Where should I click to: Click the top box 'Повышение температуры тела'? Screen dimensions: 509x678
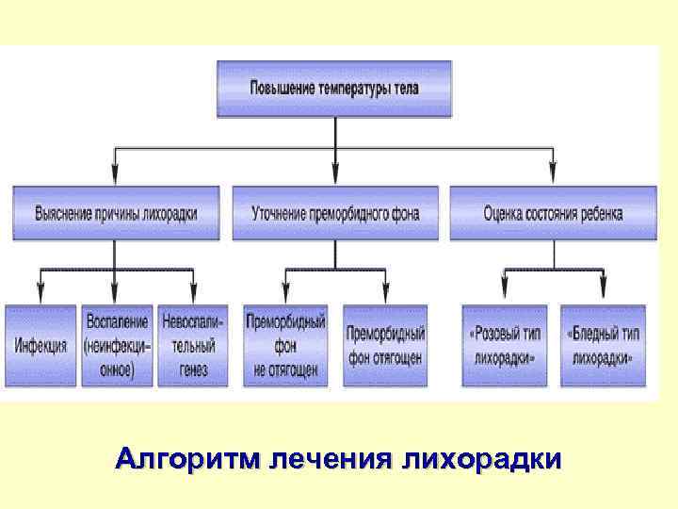335,89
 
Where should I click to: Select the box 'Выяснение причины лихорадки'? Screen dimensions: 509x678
117,213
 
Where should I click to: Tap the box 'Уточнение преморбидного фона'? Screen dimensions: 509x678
335,213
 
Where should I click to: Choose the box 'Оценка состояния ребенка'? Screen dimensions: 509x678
553,213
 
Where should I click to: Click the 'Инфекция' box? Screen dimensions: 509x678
40,345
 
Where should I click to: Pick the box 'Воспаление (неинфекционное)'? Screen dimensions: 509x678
117,345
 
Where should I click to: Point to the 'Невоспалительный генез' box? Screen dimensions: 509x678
193,345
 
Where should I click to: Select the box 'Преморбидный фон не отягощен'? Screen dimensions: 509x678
285,345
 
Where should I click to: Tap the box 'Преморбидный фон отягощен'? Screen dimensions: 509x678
385,345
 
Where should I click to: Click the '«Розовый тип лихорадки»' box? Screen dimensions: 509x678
504,345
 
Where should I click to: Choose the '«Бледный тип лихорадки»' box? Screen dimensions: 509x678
604,345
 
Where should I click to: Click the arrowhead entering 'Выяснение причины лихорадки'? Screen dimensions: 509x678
115,177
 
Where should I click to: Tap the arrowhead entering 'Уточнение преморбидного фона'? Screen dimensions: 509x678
335,177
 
